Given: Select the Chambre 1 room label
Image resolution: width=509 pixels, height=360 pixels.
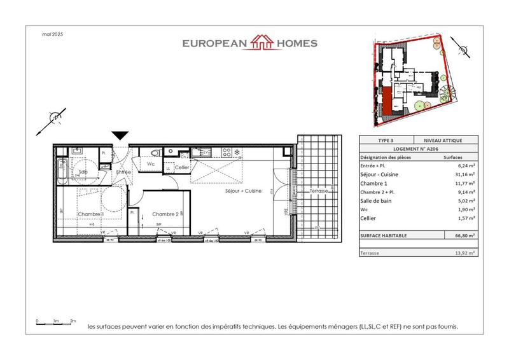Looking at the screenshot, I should [x=91, y=214].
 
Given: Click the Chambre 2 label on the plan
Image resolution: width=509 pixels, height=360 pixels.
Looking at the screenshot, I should [x=164, y=214].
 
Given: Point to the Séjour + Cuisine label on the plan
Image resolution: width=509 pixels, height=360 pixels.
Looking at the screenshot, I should [x=243, y=191].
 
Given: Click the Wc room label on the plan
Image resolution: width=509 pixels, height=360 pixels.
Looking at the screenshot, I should [x=151, y=163].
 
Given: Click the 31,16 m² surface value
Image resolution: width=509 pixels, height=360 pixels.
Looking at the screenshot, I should [x=452, y=173].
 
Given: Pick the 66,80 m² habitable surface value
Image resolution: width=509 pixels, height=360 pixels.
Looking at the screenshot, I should [x=452, y=235].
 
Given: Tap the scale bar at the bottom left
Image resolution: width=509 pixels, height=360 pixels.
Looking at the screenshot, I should [x=56, y=324].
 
